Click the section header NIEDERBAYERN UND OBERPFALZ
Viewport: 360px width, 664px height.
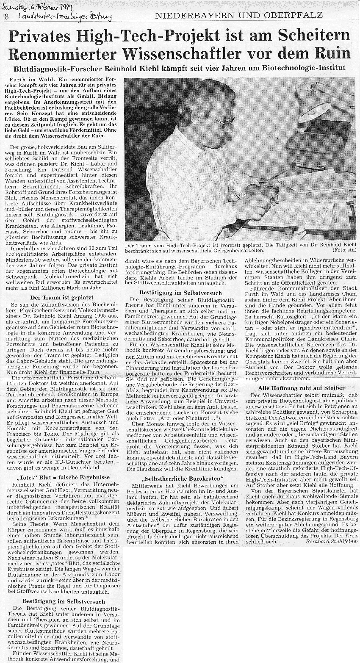tap(239, 15)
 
